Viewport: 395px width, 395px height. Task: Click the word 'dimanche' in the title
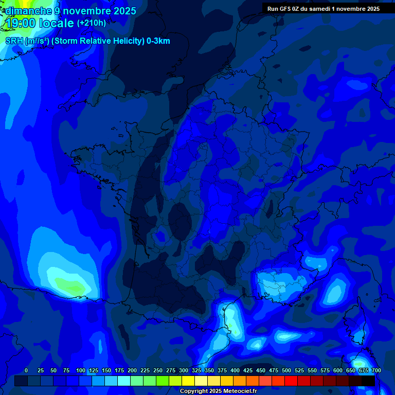pyautogui.click(x=28, y=11)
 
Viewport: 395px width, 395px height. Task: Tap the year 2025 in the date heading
pyautogui.click(x=124, y=11)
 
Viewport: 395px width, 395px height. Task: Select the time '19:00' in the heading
pyautogui.click(x=21, y=23)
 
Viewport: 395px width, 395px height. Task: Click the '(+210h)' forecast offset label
pyautogui.click(x=92, y=23)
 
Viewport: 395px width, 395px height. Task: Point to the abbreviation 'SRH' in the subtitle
pyautogui.click(x=14, y=41)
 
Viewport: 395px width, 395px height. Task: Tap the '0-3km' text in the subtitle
pyautogui.click(x=158, y=41)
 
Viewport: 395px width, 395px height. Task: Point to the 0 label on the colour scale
pyautogui.click(x=26, y=370)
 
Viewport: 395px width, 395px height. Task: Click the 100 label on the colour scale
pyautogui.click(x=81, y=370)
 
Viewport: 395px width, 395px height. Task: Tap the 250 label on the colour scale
pyautogui.click(x=158, y=370)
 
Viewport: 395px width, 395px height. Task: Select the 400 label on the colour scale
pyautogui.click(x=235, y=370)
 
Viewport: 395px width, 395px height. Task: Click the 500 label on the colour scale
pyautogui.click(x=286, y=370)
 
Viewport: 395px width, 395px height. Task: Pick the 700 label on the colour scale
pyautogui.click(x=376, y=370)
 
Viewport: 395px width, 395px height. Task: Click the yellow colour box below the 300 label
pyautogui.click(x=188, y=381)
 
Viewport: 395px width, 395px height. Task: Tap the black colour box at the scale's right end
pyautogui.click(x=368, y=381)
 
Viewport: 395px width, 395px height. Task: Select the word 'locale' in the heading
pyautogui.click(x=57, y=23)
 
